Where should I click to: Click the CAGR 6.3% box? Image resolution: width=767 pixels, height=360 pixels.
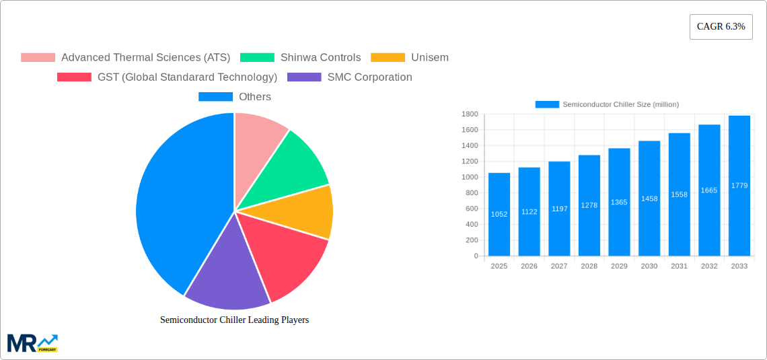coord(721,27)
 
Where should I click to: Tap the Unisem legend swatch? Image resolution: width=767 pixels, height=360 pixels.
coord(388,58)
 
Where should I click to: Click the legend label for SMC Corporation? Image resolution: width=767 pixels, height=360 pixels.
coord(369,77)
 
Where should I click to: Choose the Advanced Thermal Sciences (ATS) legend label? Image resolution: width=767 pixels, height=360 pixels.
coord(145,58)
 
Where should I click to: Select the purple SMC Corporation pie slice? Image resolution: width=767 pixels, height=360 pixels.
coord(225,276)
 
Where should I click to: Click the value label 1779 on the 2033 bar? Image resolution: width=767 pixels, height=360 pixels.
coord(739,186)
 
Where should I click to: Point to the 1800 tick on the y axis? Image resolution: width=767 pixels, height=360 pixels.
coord(469,114)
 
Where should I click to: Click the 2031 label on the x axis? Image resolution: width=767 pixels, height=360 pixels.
coord(679,266)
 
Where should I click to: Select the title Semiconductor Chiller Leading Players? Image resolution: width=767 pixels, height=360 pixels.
coord(234,320)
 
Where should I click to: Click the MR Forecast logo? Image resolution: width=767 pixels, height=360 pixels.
coord(32,343)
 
